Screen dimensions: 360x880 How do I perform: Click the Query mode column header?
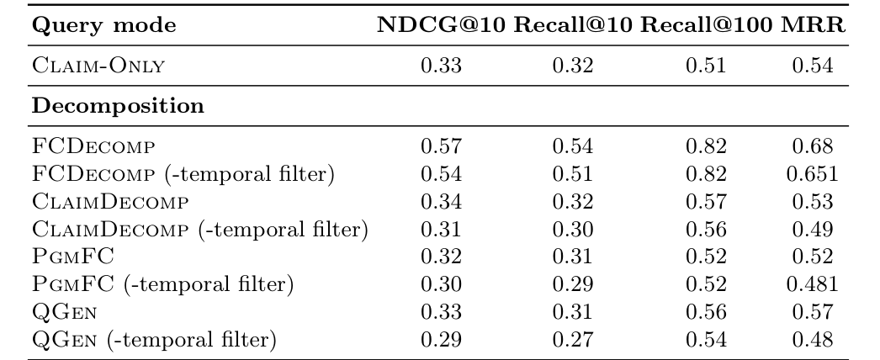click(104, 27)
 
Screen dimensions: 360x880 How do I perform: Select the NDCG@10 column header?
click(441, 27)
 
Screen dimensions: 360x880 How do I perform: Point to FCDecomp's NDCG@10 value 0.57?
click(441, 147)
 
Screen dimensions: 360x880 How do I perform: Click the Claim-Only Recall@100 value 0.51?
click(705, 66)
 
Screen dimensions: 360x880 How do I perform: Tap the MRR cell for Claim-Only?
click(812, 66)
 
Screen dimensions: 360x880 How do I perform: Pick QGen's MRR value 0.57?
click(812, 313)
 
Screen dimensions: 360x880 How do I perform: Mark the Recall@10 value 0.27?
click(572, 341)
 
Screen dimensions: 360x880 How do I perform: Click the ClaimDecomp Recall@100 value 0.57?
click(705, 202)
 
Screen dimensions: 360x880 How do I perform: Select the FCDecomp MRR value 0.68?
click(812, 147)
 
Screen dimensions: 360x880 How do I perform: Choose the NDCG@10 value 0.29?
click(441, 341)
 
